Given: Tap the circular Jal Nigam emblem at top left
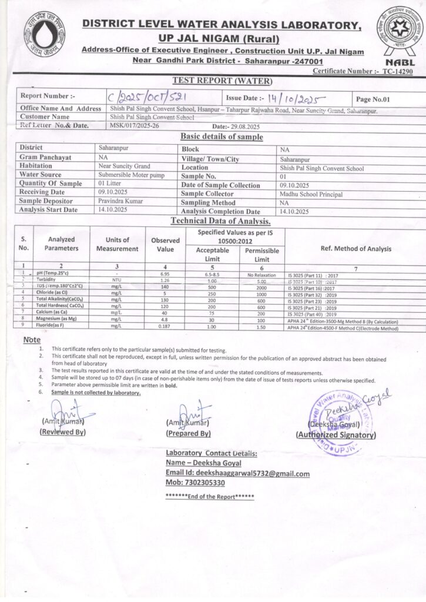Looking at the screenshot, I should pyautogui.click(x=44, y=34).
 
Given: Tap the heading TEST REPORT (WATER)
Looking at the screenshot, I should pyautogui.click(x=222, y=81).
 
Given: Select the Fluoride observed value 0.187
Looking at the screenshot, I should pyautogui.click(x=165, y=326).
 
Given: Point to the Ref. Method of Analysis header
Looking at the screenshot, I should pyautogui.click(x=355, y=249).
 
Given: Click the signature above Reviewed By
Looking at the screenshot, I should pyautogui.click(x=65, y=411).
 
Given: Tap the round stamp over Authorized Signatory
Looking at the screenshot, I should pyautogui.click(x=336, y=422).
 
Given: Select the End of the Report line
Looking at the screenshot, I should pyautogui.click(x=210, y=497).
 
